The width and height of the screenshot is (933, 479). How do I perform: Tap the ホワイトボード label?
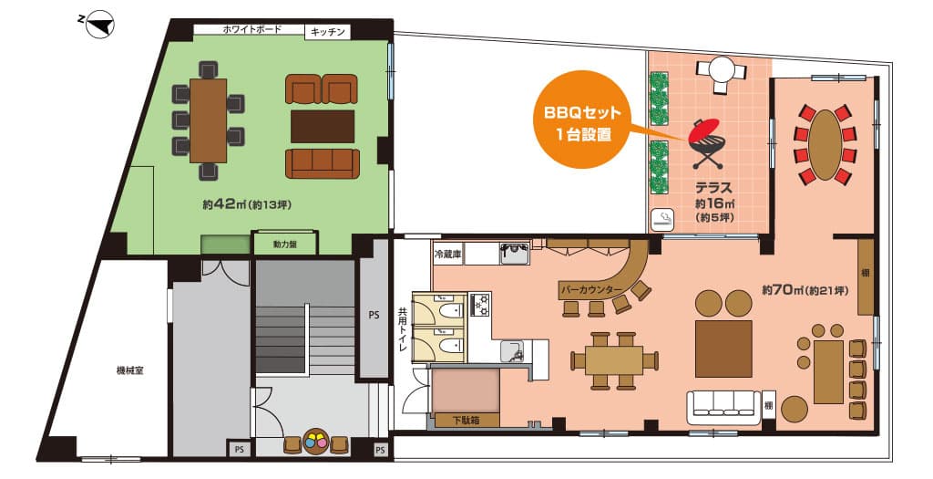coord(251,29)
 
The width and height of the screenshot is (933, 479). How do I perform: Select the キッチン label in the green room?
coord(327,32)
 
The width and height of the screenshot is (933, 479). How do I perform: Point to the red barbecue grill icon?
coord(706,143)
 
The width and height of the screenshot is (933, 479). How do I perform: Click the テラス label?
coord(714,188)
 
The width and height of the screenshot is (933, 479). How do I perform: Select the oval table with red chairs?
coord(825,145)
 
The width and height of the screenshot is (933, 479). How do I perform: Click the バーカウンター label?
coord(590,289)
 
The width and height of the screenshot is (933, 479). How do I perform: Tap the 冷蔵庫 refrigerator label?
coord(447,255)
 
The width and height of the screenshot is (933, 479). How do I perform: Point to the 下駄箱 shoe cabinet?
coord(466,420)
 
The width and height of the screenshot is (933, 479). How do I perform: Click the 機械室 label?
coord(129,370)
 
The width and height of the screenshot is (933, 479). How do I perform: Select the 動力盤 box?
coord(285,244)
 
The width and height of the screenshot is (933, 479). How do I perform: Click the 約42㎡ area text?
coord(246,204)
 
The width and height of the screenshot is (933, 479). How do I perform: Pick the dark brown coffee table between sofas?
coord(323,126)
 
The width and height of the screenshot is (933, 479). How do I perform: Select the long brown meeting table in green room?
coord(209,121)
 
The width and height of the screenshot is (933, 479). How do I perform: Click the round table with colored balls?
coord(315,442)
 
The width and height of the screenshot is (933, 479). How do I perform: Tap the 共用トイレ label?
coord(402,329)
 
